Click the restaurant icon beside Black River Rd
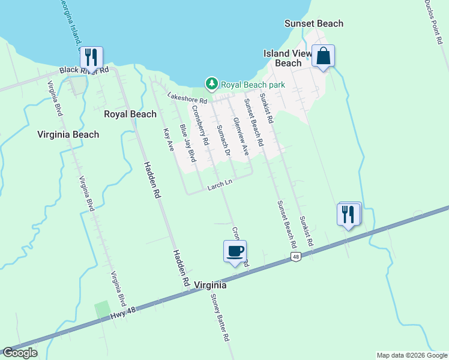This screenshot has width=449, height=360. [x=91, y=58]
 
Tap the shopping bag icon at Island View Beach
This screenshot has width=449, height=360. [x=323, y=56]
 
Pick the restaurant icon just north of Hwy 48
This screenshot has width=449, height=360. [x=349, y=214]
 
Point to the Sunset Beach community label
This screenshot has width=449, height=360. [x=313, y=24]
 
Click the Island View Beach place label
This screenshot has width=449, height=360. [x=288, y=58]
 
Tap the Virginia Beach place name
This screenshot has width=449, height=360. [x=68, y=134]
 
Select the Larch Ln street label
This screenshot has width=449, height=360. [x=220, y=185]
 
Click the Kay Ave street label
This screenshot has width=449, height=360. [x=167, y=139]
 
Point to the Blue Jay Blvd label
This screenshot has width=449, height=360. [x=188, y=143]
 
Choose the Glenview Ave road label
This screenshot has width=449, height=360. [x=240, y=136]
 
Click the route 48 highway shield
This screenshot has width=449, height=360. [x=296, y=257]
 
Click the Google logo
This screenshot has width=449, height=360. [x=20, y=353]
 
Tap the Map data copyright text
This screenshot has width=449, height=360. [x=411, y=355]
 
